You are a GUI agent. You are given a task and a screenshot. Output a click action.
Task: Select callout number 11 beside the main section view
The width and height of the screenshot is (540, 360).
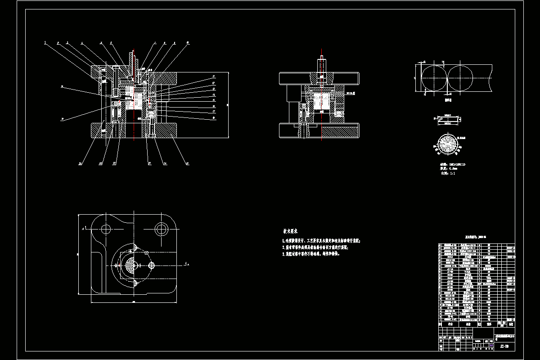point(214,76)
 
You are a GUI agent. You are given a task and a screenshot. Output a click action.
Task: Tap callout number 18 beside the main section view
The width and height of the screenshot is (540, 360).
point(213,117)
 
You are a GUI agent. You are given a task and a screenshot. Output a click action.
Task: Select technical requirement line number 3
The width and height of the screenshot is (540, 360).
point(310,254)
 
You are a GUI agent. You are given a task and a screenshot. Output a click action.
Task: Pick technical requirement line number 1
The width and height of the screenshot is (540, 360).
point(321,241)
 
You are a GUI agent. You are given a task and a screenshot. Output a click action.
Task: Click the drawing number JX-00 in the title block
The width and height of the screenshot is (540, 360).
point(504,347)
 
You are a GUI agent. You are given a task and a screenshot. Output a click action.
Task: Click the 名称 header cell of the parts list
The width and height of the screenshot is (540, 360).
point(468,324)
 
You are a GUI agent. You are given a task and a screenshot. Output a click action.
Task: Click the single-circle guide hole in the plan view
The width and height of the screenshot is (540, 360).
point(106,229)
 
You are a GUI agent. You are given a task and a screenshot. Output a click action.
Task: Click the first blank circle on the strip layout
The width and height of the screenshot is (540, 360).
point(433,78)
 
